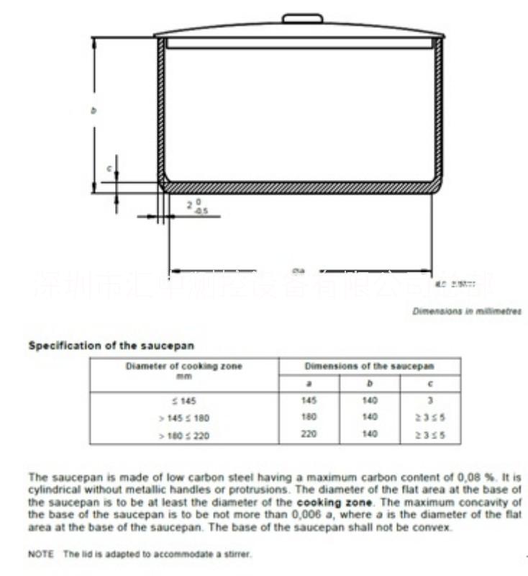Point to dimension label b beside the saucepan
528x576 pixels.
[93, 110]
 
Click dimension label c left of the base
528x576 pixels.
[109, 168]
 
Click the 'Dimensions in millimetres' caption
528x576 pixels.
[467, 311]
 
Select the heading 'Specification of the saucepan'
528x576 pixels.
[111, 346]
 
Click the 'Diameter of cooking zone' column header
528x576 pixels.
[183, 366]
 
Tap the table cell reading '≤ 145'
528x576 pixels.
[183, 400]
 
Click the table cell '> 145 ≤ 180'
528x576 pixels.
[183, 418]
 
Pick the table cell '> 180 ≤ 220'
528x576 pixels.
[183, 435]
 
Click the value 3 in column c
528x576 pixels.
[429, 400]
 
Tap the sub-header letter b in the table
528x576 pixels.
[369, 383]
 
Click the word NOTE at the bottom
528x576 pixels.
[40, 554]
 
